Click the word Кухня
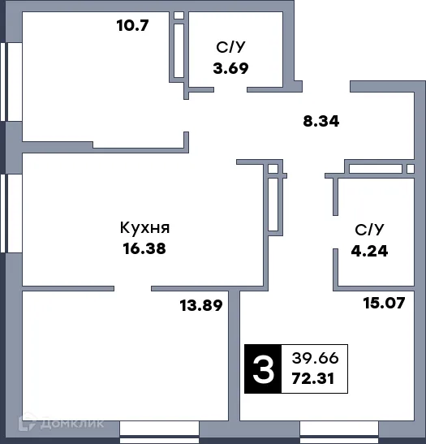coord(144,228)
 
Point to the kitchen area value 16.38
coord(144,249)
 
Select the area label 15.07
coord(381,304)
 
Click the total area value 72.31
coord(316,379)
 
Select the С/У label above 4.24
coord(371,230)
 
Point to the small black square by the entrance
coord(347,83)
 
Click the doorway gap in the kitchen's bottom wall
coord(132,287)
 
